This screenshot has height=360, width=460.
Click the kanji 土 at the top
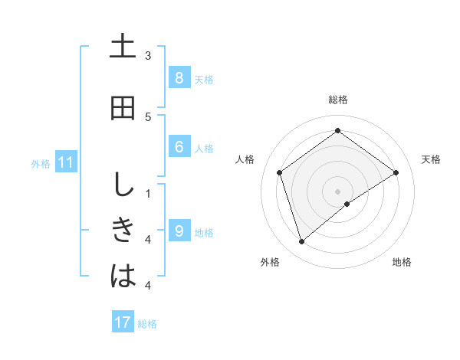pyautogui.click(x=123, y=46)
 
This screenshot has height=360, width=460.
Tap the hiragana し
pyautogui.click(x=123, y=185)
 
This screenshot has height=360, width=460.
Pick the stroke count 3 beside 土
pyautogui.click(x=148, y=55)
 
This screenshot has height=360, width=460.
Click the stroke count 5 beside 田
pyautogui.click(x=148, y=116)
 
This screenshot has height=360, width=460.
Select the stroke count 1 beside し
pyautogui.click(x=148, y=194)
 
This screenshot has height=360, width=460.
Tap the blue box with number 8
pyautogui.click(x=179, y=78)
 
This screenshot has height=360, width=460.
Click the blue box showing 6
pyautogui.click(x=179, y=147)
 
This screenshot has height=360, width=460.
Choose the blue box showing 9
pyautogui.click(x=179, y=231)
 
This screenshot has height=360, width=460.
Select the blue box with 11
pyautogui.click(x=65, y=162)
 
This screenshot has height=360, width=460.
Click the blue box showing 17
pyautogui.click(x=123, y=322)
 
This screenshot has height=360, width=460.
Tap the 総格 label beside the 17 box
pyautogui.click(x=147, y=324)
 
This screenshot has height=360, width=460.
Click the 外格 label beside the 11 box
pyautogui.click(x=41, y=163)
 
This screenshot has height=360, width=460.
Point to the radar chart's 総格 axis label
pyautogui.click(x=338, y=100)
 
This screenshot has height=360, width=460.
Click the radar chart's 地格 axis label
pyautogui.click(x=402, y=262)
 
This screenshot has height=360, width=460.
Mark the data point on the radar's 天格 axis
pyautogui.click(x=396, y=172)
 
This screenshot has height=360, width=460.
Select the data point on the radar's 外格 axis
pyautogui.click(x=302, y=242)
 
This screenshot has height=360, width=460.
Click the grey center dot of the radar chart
pyautogui.click(x=338, y=191)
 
